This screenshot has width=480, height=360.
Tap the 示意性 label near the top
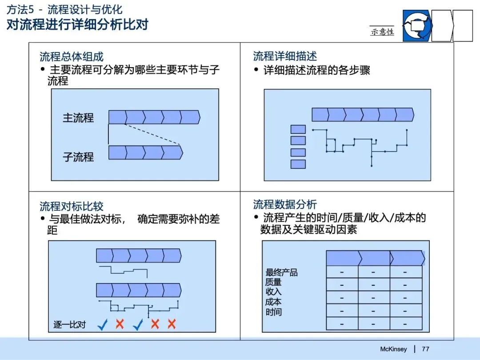point(382,32)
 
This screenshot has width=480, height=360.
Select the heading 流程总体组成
point(72,57)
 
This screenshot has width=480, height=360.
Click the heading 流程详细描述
point(285,56)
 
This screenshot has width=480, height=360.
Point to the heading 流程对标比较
point(72,206)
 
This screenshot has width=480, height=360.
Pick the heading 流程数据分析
point(285,204)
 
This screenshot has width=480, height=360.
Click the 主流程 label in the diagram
point(78,118)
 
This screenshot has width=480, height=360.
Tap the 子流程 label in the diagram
point(78,156)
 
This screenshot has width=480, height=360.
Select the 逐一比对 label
point(69,324)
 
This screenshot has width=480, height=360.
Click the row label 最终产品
point(282,272)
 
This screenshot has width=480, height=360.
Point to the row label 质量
point(273,282)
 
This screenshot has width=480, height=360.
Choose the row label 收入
point(273,292)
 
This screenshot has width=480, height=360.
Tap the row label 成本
point(273,302)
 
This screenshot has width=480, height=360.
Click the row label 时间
point(273,312)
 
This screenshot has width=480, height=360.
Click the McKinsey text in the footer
point(393,349)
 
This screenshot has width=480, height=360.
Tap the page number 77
point(425,349)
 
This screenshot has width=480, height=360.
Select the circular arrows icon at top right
point(417,26)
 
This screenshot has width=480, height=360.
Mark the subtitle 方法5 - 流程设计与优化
point(64,10)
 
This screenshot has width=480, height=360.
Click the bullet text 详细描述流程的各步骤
point(316,70)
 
